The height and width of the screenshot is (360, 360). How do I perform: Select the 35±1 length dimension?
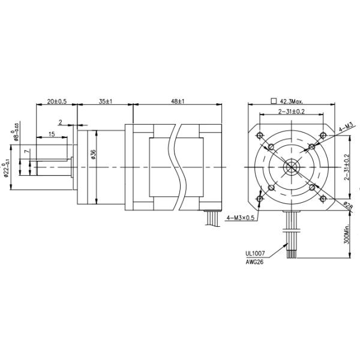coord(106,102)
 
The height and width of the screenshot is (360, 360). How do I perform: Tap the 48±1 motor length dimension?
coord(176,102)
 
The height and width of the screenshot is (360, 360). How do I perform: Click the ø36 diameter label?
coord(93,154)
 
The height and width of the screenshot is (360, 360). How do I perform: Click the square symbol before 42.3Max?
coord(273,101)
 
